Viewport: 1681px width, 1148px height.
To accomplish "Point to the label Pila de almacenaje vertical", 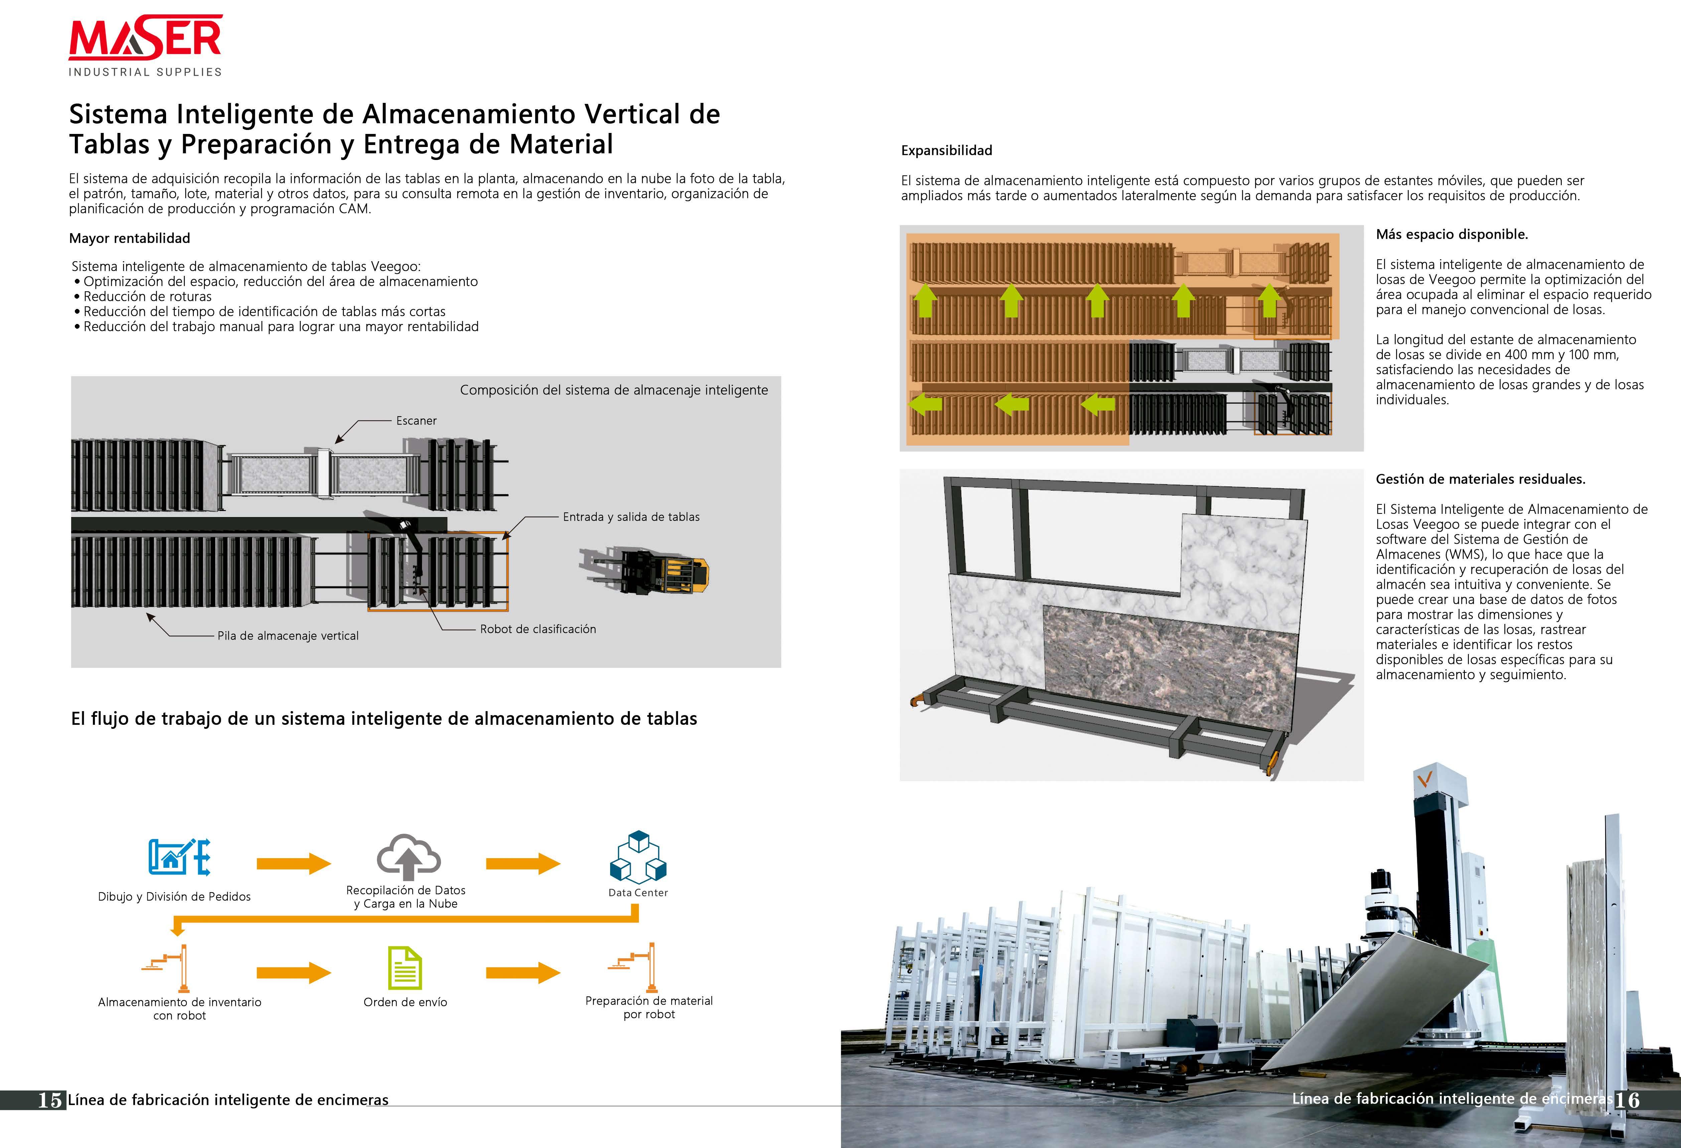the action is click(288, 635).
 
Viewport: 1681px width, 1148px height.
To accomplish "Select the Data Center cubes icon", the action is click(638, 858).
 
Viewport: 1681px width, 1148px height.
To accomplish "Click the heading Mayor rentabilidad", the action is click(129, 238).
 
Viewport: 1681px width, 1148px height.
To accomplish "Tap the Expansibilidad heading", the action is click(946, 150).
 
